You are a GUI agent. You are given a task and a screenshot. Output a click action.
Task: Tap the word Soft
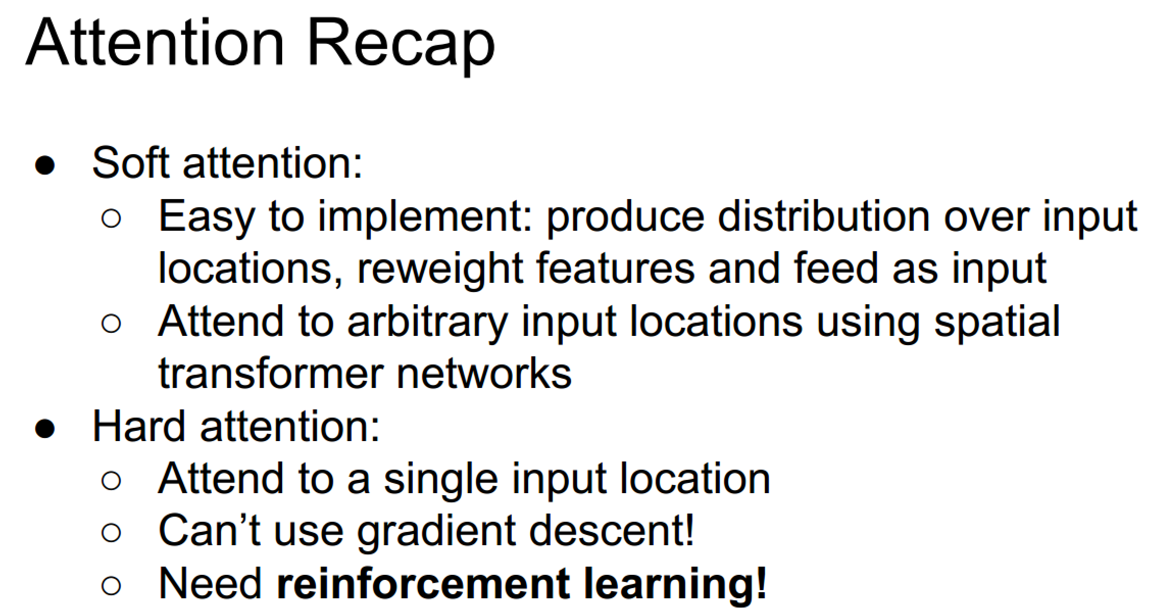[131, 163]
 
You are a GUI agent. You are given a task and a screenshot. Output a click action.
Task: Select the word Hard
[139, 426]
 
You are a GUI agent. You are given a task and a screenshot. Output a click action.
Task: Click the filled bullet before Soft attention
[45, 165]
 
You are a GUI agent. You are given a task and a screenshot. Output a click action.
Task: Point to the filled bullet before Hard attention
[45, 428]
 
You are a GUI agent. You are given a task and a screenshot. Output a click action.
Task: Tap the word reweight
[440, 270]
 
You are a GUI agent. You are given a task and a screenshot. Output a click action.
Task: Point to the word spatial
[997, 323]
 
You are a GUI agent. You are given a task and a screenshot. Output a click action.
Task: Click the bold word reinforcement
[423, 583]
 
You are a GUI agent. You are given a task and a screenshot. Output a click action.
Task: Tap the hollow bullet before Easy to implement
[111, 218]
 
